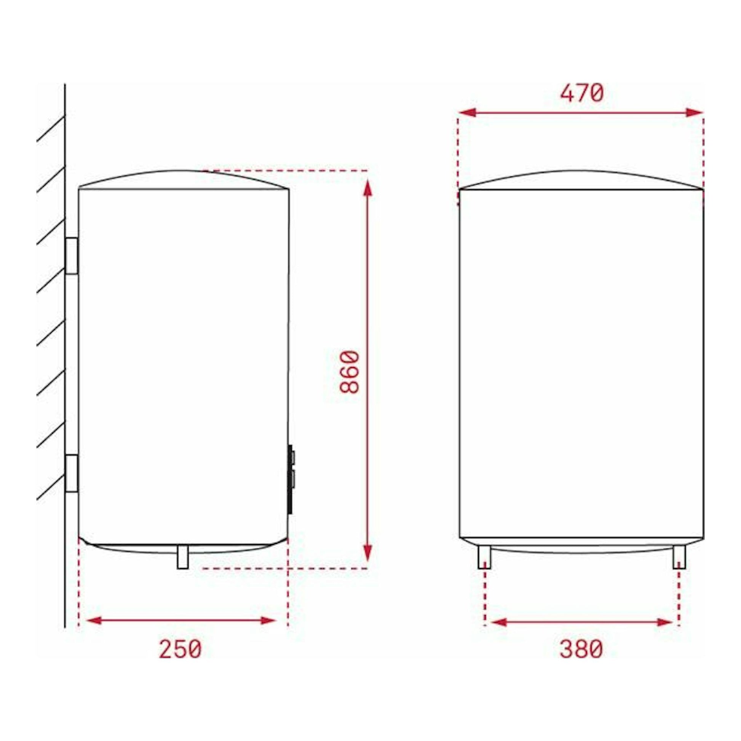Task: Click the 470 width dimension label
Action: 582,94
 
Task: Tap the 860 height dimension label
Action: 350,372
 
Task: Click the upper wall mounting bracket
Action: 72,256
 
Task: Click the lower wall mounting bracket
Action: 72,473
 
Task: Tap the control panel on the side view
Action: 291,479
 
